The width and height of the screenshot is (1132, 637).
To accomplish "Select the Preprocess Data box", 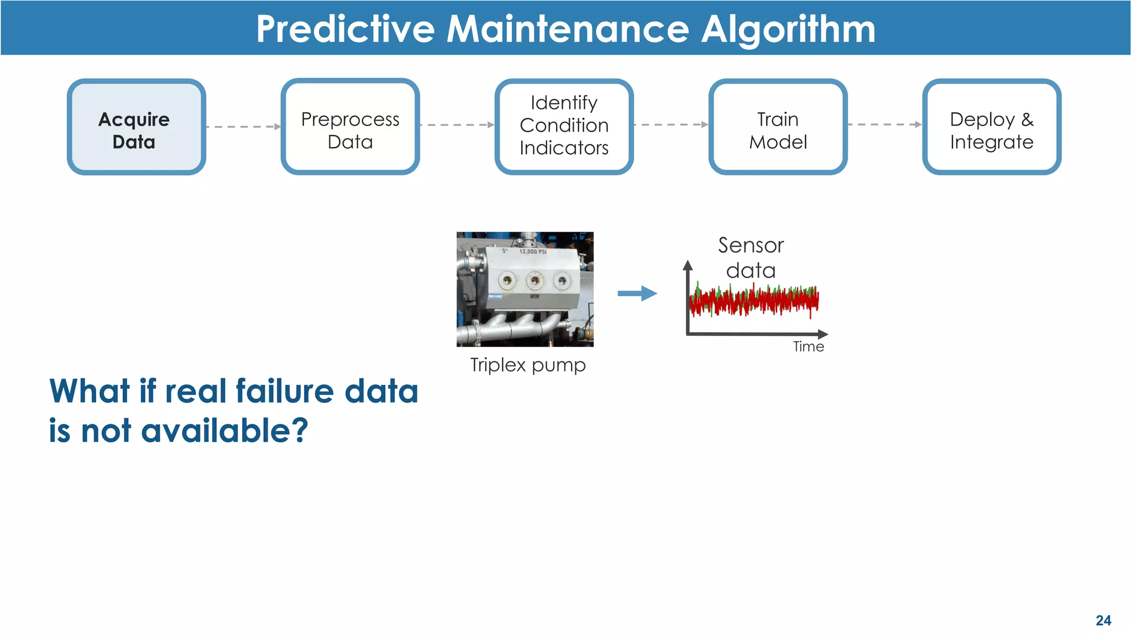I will click(x=350, y=127).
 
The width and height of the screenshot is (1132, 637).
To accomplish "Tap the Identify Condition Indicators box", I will click(x=564, y=127).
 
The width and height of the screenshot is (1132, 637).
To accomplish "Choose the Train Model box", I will click(x=778, y=127).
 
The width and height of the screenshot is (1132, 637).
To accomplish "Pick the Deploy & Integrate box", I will click(x=992, y=127).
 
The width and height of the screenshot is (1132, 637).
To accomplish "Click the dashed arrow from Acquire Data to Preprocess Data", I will click(x=243, y=127).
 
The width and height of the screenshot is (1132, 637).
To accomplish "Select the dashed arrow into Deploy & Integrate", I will click(x=884, y=125).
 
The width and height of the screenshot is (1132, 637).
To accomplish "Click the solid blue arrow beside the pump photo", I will click(x=637, y=294).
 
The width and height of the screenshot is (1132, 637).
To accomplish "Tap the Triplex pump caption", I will click(x=528, y=365).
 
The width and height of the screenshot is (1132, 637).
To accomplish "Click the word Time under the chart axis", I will click(x=808, y=347).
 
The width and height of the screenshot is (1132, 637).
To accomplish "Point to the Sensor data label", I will click(x=751, y=258).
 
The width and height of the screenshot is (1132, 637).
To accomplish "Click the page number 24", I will click(x=1103, y=620).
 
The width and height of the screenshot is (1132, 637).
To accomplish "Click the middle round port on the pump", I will click(x=534, y=281).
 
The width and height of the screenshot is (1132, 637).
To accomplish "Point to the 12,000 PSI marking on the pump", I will click(x=532, y=252).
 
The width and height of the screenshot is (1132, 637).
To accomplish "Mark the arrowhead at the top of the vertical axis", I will click(x=688, y=265).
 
